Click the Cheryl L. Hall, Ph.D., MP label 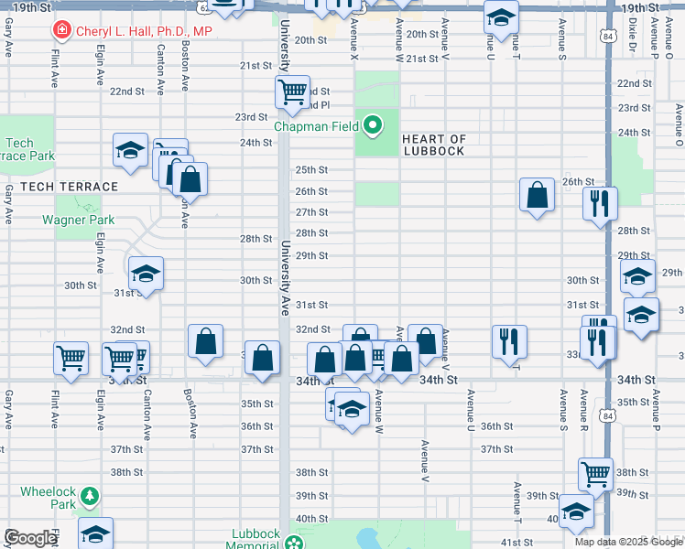pos(143,31)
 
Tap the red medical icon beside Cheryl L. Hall pos(61,31)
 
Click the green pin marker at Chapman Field pos(373,124)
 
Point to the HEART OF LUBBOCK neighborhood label pos(434,145)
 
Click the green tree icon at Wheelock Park pos(90,496)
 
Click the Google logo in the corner pos(30,538)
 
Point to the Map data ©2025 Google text pos(628,542)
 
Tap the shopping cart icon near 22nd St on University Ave pos(292,91)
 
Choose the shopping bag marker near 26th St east pos(537,194)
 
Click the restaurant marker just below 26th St pos(600,203)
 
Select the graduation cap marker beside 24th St pos(131,149)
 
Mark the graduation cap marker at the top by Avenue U pos(501,16)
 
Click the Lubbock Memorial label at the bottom pos(255,539)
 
